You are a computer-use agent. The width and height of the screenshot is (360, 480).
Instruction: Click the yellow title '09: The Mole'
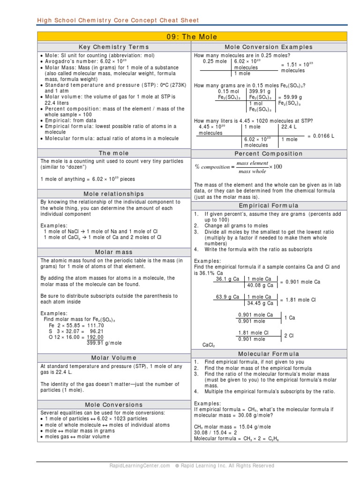192,37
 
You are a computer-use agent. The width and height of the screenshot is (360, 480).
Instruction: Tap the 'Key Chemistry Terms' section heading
114,47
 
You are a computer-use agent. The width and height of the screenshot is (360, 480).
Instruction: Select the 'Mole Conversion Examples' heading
269,47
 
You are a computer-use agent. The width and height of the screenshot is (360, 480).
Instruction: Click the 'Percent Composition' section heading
269,154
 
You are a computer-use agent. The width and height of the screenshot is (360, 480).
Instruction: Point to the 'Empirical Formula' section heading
269,206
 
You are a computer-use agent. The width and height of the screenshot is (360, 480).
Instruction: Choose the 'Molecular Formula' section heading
269,354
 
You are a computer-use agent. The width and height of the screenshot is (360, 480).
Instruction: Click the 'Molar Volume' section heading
114,358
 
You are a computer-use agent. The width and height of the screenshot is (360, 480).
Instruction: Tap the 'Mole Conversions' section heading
114,405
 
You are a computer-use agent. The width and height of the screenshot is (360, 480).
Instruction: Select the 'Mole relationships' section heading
114,194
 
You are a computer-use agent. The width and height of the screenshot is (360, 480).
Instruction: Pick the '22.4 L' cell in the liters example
289,127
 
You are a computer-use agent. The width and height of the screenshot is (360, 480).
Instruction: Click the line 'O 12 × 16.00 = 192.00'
76,337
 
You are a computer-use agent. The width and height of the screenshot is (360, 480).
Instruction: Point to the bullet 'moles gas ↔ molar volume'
77,436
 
